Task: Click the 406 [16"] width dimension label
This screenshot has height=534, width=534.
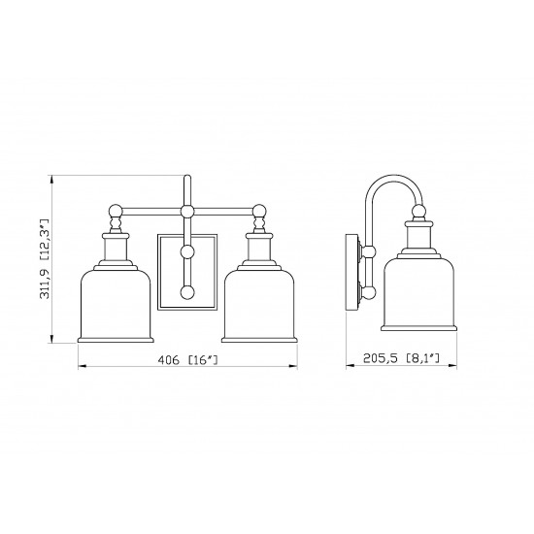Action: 187,360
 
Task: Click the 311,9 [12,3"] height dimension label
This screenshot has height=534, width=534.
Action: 45,259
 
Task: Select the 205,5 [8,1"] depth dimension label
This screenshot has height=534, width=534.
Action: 401,358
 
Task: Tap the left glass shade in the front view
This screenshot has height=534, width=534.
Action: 116,306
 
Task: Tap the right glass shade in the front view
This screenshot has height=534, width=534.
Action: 259,306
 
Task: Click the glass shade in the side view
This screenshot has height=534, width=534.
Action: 418,294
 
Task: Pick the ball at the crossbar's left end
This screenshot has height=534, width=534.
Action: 116,211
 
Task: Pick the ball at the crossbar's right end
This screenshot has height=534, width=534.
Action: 259,211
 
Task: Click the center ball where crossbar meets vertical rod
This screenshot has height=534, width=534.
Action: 187,212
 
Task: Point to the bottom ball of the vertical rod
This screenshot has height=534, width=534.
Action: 187,292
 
